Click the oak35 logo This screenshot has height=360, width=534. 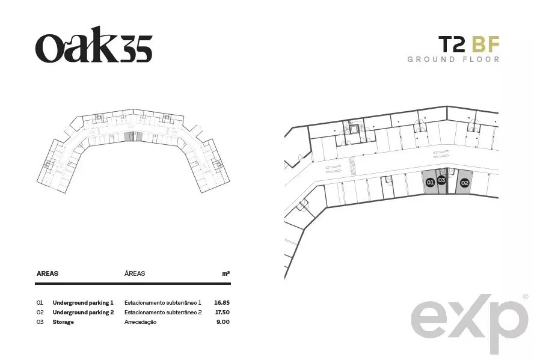point(94,44)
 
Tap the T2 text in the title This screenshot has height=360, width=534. point(452,44)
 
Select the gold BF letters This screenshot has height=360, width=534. point(486,44)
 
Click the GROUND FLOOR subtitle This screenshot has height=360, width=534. point(453,59)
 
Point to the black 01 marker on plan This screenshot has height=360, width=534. point(430,182)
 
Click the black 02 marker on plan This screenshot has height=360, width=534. point(464,183)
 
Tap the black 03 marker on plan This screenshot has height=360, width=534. point(441,180)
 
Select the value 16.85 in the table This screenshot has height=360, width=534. point(222,302)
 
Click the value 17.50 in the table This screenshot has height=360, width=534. point(222,312)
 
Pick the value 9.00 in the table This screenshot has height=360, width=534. point(223,322)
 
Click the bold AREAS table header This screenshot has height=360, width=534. point(48,273)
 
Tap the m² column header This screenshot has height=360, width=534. point(226,273)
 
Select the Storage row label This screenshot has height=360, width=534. point(63,322)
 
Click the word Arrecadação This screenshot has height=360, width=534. point(140,322)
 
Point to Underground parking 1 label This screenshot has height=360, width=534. point(83,302)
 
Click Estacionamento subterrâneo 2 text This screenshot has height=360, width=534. point(163,312)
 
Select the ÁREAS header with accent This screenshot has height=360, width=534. point(135,273)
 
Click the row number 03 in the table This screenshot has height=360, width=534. point(40,322)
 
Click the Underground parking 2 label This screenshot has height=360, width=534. point(83,312)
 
